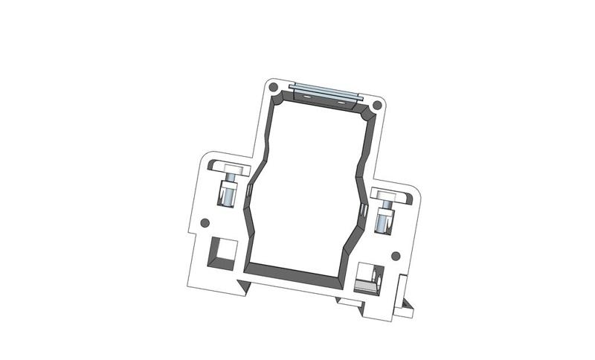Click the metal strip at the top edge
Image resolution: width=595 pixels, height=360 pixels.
pyautogui.click(x=326, y=94)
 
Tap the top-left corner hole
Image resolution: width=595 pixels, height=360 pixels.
pyautogui.click(x=274, y=88)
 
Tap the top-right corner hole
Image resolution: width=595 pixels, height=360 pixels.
pyautogui.click(x=378, y=106)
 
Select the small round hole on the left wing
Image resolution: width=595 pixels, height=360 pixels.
pyautogui.click(x=204, y=222)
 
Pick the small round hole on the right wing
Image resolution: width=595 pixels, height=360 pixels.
pyautogui.click(x=396, y=257)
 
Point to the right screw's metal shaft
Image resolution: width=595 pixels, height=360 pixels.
pyautogui.click(x=384, y=221)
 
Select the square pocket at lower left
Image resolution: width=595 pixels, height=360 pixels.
pyautogui.click(x=222, y=252)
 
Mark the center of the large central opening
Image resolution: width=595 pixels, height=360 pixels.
pyautogui.click(x=305, y=186)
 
